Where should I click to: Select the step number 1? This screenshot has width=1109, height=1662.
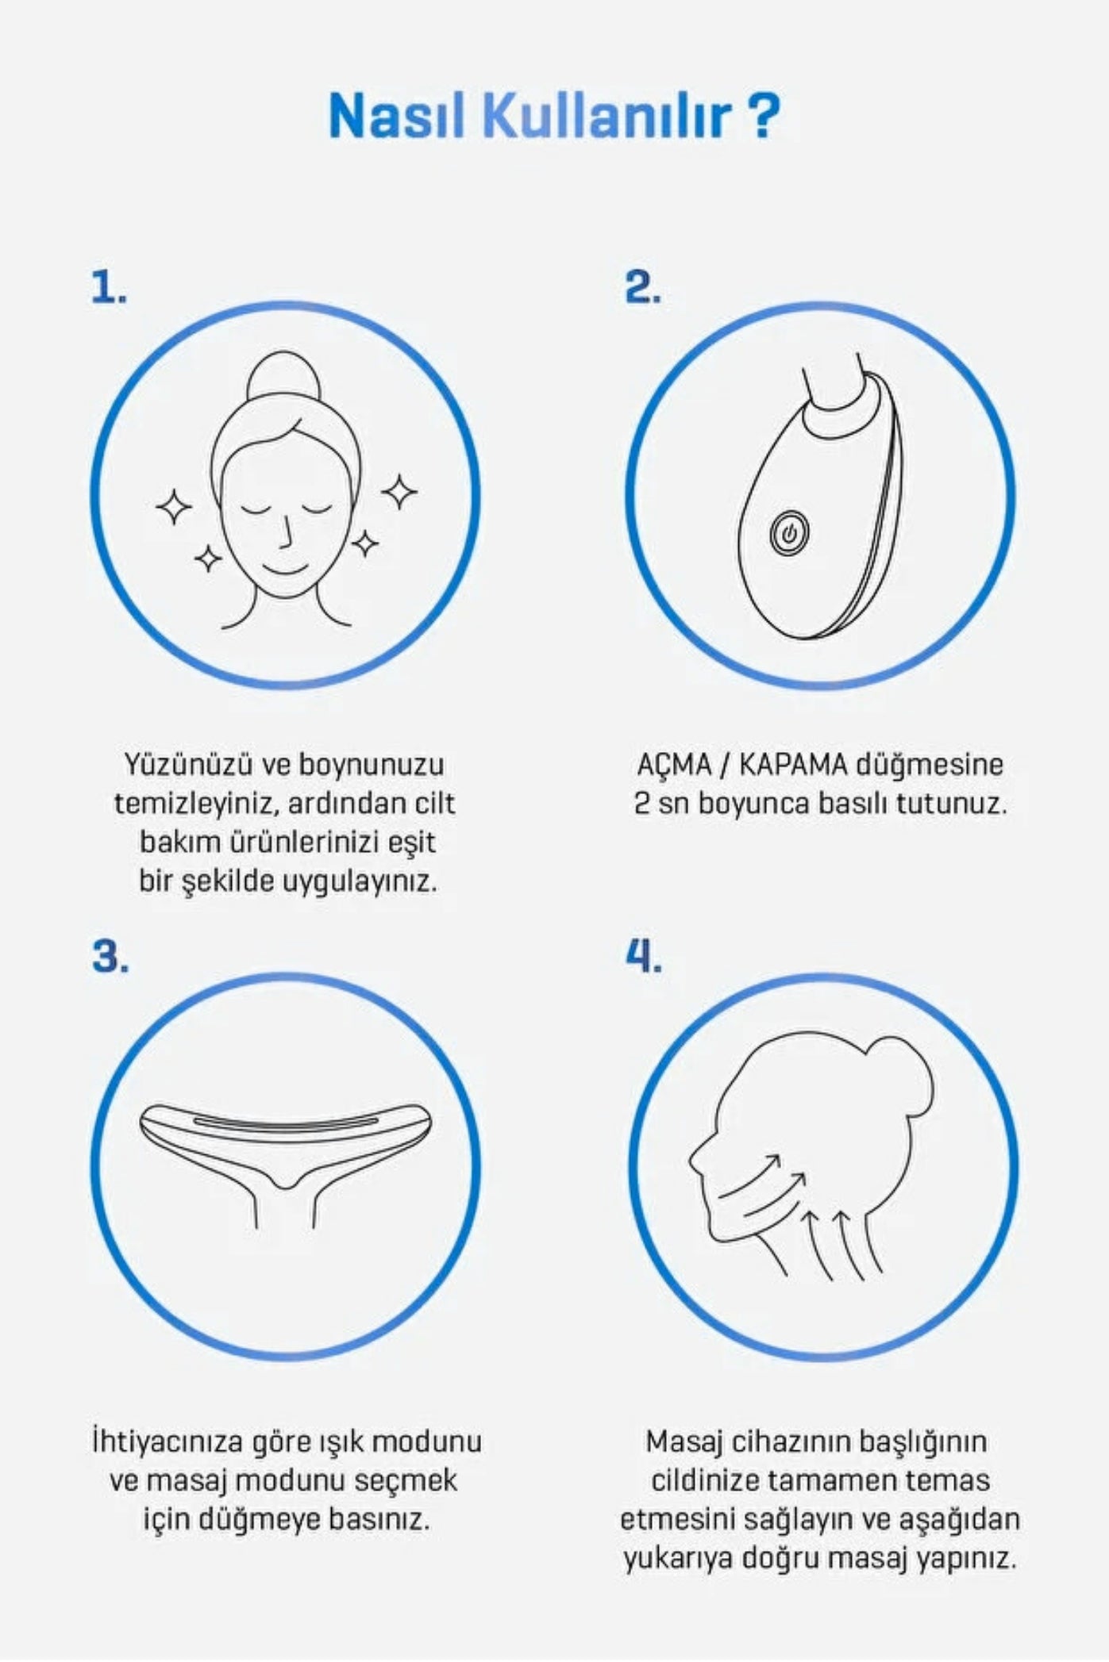pos(108,287)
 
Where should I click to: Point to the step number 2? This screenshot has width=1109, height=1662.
pos(641,287)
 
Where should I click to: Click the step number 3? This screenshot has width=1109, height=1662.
pos(110,957)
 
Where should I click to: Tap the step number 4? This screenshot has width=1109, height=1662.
pos(643,957)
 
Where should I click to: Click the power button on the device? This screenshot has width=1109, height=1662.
pos(788,533)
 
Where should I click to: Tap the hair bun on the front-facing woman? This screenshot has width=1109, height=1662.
pos(283,379)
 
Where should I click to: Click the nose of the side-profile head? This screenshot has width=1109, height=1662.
pos(695,1160)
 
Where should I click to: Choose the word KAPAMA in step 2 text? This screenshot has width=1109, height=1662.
pos(792,766)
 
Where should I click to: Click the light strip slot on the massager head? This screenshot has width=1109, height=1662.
pos(286,1123)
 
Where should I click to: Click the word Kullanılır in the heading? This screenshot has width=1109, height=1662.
pos(607,116)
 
